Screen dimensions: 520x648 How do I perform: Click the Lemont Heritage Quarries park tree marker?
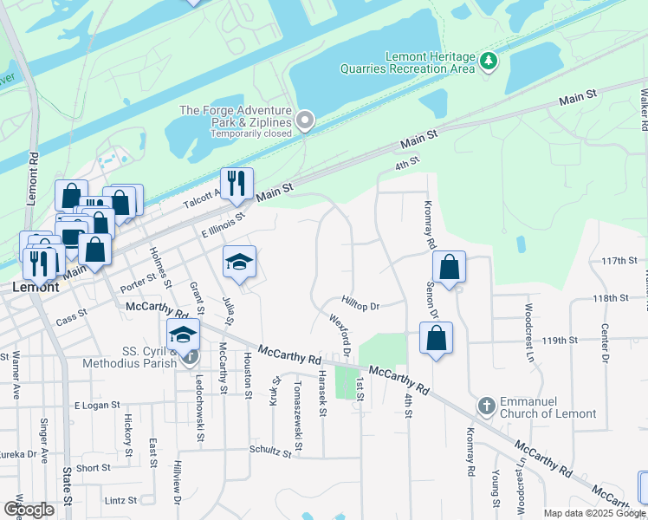pos(489,61)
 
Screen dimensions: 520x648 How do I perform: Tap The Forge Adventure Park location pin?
pos(304,120)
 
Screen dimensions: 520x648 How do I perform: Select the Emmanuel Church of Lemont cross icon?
pos(487,406)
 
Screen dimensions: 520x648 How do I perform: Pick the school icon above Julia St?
pos(240,263)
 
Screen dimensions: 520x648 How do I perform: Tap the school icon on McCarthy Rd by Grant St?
pos(183,335)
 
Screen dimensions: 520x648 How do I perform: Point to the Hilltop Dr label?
pos(361,306)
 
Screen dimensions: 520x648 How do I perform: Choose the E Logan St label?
pos(96,406)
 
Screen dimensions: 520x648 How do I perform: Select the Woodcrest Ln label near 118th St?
pos(527,321)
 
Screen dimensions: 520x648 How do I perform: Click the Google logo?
pos(29,510)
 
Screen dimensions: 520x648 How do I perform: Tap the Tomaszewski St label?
pos(298,405)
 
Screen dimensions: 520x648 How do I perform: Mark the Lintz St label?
pos(121,500)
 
